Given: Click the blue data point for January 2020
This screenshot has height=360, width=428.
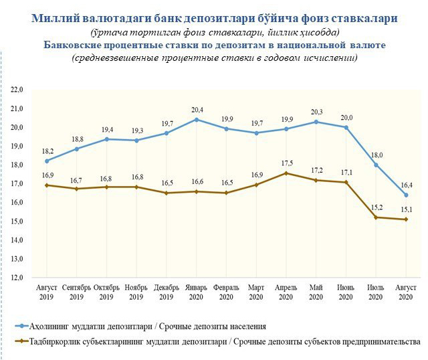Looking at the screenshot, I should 196,120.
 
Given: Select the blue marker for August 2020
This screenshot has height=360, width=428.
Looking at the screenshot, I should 406,195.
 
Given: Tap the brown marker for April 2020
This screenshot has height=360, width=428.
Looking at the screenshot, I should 286,173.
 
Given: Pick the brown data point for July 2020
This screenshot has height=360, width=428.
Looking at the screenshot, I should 376,217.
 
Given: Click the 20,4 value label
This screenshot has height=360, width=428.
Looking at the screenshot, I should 196,110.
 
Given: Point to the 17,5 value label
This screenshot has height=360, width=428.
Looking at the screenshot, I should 286,163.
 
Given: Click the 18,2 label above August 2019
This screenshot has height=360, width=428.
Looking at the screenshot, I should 46,151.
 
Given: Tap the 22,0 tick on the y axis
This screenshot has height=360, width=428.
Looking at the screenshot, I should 17,90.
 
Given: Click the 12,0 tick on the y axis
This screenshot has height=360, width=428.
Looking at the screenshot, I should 17,277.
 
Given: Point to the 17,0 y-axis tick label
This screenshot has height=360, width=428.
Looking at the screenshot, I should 17,183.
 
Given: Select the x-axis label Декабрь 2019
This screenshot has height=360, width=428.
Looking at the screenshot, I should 166,292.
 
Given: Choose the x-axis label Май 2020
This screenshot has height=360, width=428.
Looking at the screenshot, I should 316,292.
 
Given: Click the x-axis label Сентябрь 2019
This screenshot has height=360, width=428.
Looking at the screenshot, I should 76,292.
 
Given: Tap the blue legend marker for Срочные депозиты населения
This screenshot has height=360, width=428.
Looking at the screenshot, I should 24,327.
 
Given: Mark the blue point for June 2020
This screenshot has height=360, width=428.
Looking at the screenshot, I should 346,127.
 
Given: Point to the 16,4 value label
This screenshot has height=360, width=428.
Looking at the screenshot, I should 406,185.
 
